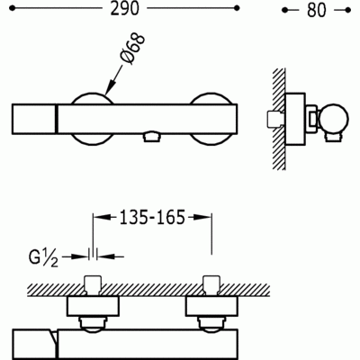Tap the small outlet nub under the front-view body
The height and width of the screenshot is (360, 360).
[150, 137]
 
